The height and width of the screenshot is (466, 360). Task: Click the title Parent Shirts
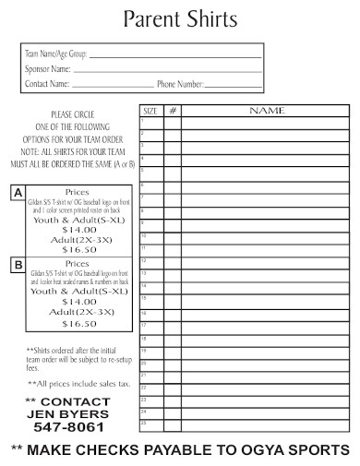point(180,18)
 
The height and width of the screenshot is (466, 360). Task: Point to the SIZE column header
point(150,110)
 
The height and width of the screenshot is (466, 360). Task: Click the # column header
point(173,110)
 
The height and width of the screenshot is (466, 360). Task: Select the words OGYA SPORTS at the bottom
point(304,449)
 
